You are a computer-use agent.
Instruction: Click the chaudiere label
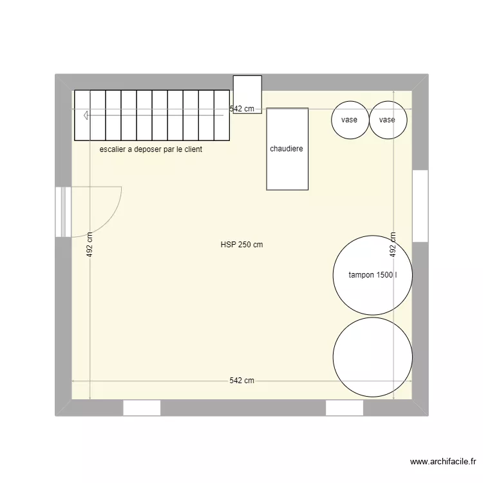(x=287, y=149)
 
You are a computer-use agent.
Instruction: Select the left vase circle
(x=350, y=120)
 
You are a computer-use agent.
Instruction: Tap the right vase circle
(x=388, y=120)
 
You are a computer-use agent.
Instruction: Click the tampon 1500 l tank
(x=372, y=275)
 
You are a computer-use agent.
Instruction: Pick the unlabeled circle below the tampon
(x=372, y=356)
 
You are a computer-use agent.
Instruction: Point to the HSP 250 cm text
(x=241, y=245)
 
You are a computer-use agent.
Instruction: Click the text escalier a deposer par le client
(x=151, y=149)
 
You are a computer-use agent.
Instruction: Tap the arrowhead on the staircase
(x=86, y=115)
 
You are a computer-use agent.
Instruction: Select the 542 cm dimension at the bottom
(x=241, y=381)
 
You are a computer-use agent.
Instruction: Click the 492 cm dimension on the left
(x=90, y=245)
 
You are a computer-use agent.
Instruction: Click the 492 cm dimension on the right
(x=393, y=245)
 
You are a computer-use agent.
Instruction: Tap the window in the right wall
(x=420, y=205)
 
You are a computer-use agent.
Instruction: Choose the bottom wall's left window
(x=142, y=408)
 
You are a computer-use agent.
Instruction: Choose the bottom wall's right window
(x=345, y=408)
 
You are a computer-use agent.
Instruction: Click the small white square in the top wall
(x=247, y=94)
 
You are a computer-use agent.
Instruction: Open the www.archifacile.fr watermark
(x=443, y=462)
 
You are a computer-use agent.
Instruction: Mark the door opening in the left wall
(x=62, y=211)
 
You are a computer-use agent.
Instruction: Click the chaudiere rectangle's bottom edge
(x=287, y=190)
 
